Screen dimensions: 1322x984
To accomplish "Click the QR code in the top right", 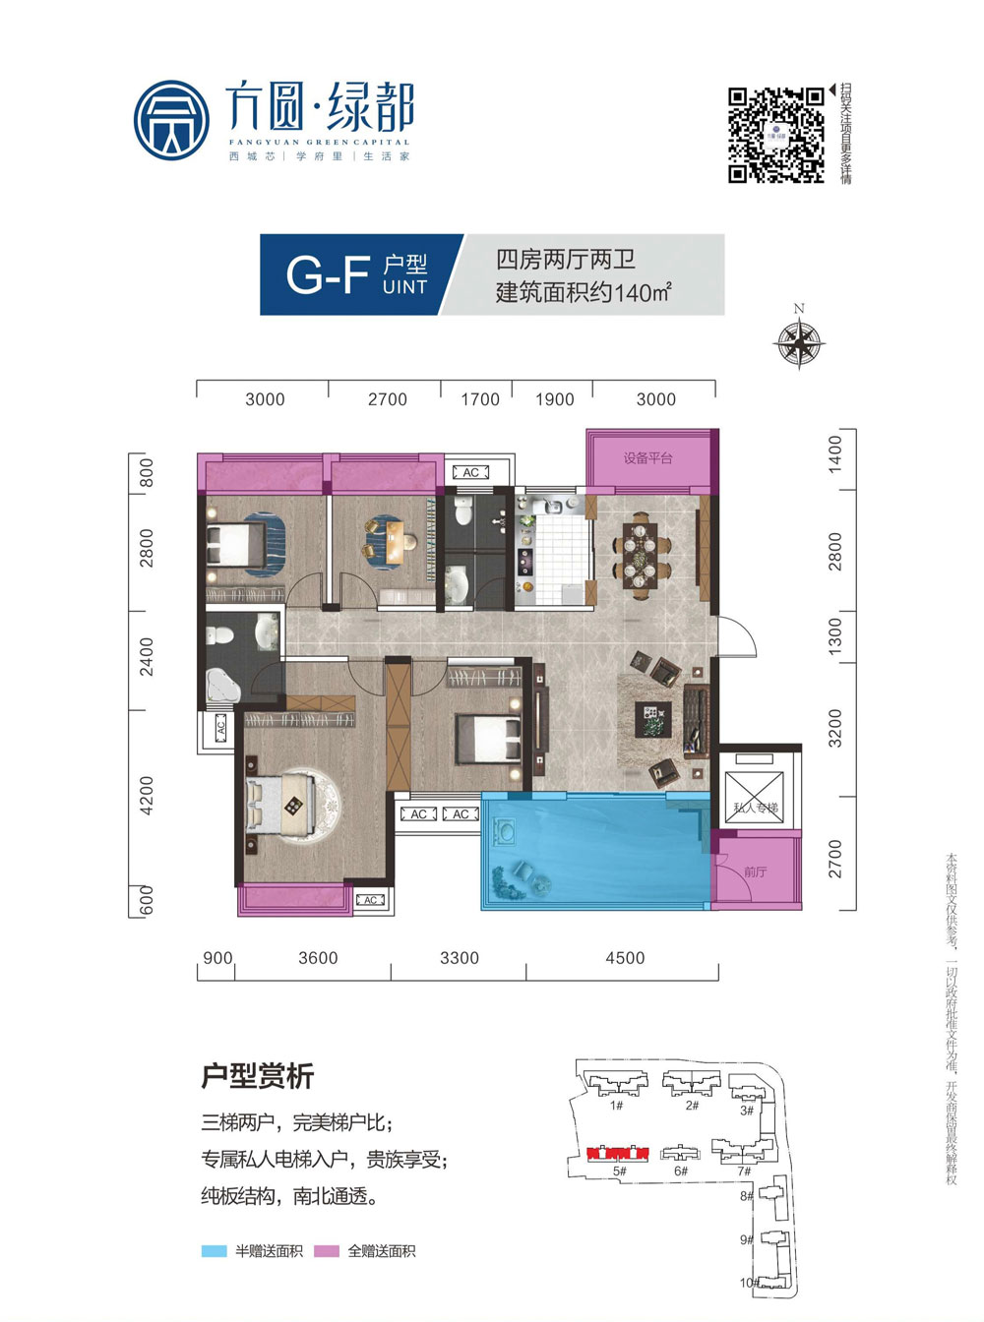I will click(x=775, y=135).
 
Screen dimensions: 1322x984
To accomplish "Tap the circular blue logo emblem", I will click(x=171, y=121).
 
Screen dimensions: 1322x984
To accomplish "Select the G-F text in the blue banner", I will click(x=327, y=274).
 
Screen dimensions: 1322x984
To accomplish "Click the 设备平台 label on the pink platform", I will click(x=647, y=458).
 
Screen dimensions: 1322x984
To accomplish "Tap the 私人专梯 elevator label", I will click(x=755, y=808).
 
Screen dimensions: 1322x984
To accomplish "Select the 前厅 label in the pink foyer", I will click(x=756, y=871).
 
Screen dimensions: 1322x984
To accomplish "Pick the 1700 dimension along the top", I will click(x=480, y=399).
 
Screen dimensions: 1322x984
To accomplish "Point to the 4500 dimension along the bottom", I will click(x=625, y=958).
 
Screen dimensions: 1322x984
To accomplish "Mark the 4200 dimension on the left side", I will click(x=147, y=795).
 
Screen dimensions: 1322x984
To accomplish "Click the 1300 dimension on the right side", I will click(x=835, y=636).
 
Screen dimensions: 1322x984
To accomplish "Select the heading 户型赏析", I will click(x=257, y=1076).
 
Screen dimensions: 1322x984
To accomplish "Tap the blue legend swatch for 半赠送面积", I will click(x=214, y=1251).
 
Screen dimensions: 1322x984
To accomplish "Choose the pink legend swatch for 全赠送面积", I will click(x=327, y=1251).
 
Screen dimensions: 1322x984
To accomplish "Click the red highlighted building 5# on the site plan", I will click(x=618, y=1153).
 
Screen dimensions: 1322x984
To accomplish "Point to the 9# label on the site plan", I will click(x=746, y=1239).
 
